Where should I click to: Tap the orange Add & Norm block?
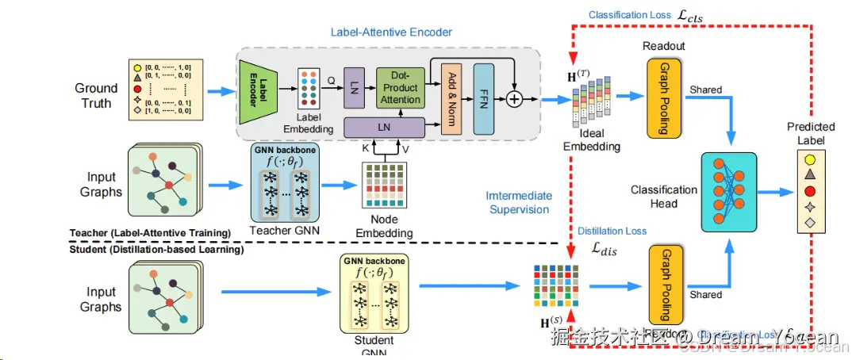[450, 95]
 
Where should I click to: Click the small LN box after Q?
[353, 87]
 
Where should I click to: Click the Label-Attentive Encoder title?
[391, 33]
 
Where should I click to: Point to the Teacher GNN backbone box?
[283, 181]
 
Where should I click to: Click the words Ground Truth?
[96, 95]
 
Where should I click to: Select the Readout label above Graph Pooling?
[664, 46]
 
